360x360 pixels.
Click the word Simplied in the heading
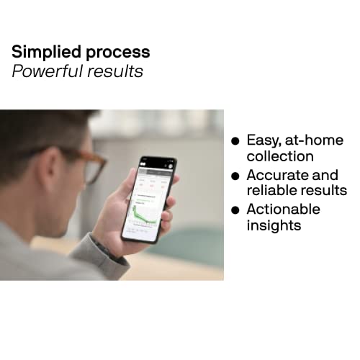pyautogui.click(x=45, y=52)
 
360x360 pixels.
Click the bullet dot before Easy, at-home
pyautogui.click(x=235, y=141)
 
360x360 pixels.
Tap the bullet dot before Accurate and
pyautogui.click(x=235, y=176)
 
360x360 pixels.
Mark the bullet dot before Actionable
pyautogui.click(x=235, y=210)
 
